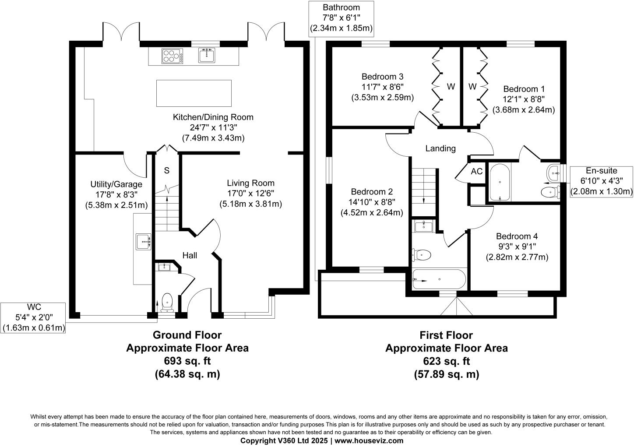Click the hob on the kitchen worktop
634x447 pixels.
172,56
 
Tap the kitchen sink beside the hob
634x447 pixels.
207,55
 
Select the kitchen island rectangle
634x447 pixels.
194,93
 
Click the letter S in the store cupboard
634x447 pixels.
167,170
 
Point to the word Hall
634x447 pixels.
190,255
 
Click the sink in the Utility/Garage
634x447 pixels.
144,242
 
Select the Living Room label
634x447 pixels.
251,183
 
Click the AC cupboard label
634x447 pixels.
477,171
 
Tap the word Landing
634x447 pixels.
440,148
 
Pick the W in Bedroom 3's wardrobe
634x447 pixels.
451,86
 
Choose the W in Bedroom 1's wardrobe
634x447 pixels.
472,86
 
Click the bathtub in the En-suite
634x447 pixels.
500,182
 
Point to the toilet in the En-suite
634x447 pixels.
550,193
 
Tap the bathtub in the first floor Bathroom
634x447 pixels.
439,279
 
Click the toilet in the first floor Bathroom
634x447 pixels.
422,255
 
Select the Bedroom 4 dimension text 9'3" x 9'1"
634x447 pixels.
517,246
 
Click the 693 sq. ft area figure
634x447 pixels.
187,361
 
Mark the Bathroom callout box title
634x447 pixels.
342,7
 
